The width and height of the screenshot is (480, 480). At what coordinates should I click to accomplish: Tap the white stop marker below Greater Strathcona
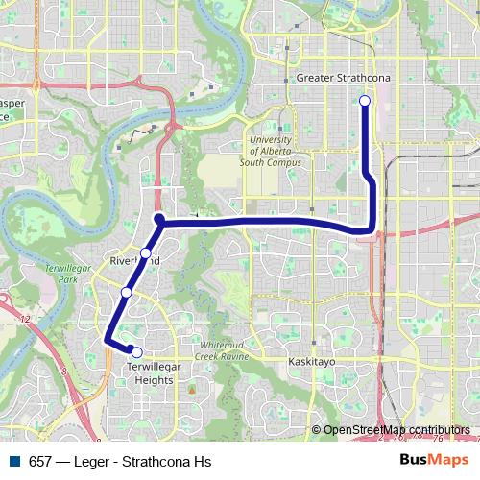[365, 101]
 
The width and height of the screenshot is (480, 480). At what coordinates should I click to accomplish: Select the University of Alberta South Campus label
[275, 151]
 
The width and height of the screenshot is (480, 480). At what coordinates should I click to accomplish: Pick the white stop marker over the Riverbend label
[145, 254]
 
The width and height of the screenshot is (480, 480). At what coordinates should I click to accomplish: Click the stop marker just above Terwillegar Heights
[137, 352]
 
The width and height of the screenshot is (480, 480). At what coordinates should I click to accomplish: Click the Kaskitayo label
[311, 363]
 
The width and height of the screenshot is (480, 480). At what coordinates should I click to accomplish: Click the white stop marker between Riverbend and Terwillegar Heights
[127, 293]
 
